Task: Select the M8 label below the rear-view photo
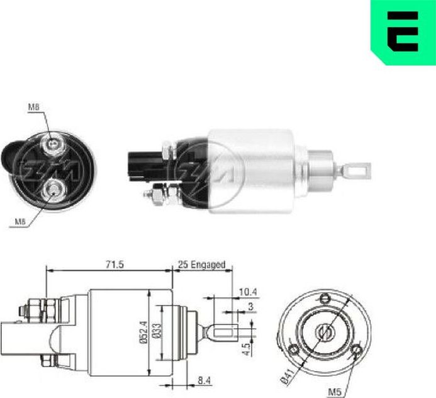click(x=21, y=220)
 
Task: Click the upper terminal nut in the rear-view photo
click(x=53, y=146)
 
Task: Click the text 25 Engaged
click(x=201, y=264)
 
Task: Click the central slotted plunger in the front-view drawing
click(x=325, y=329)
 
